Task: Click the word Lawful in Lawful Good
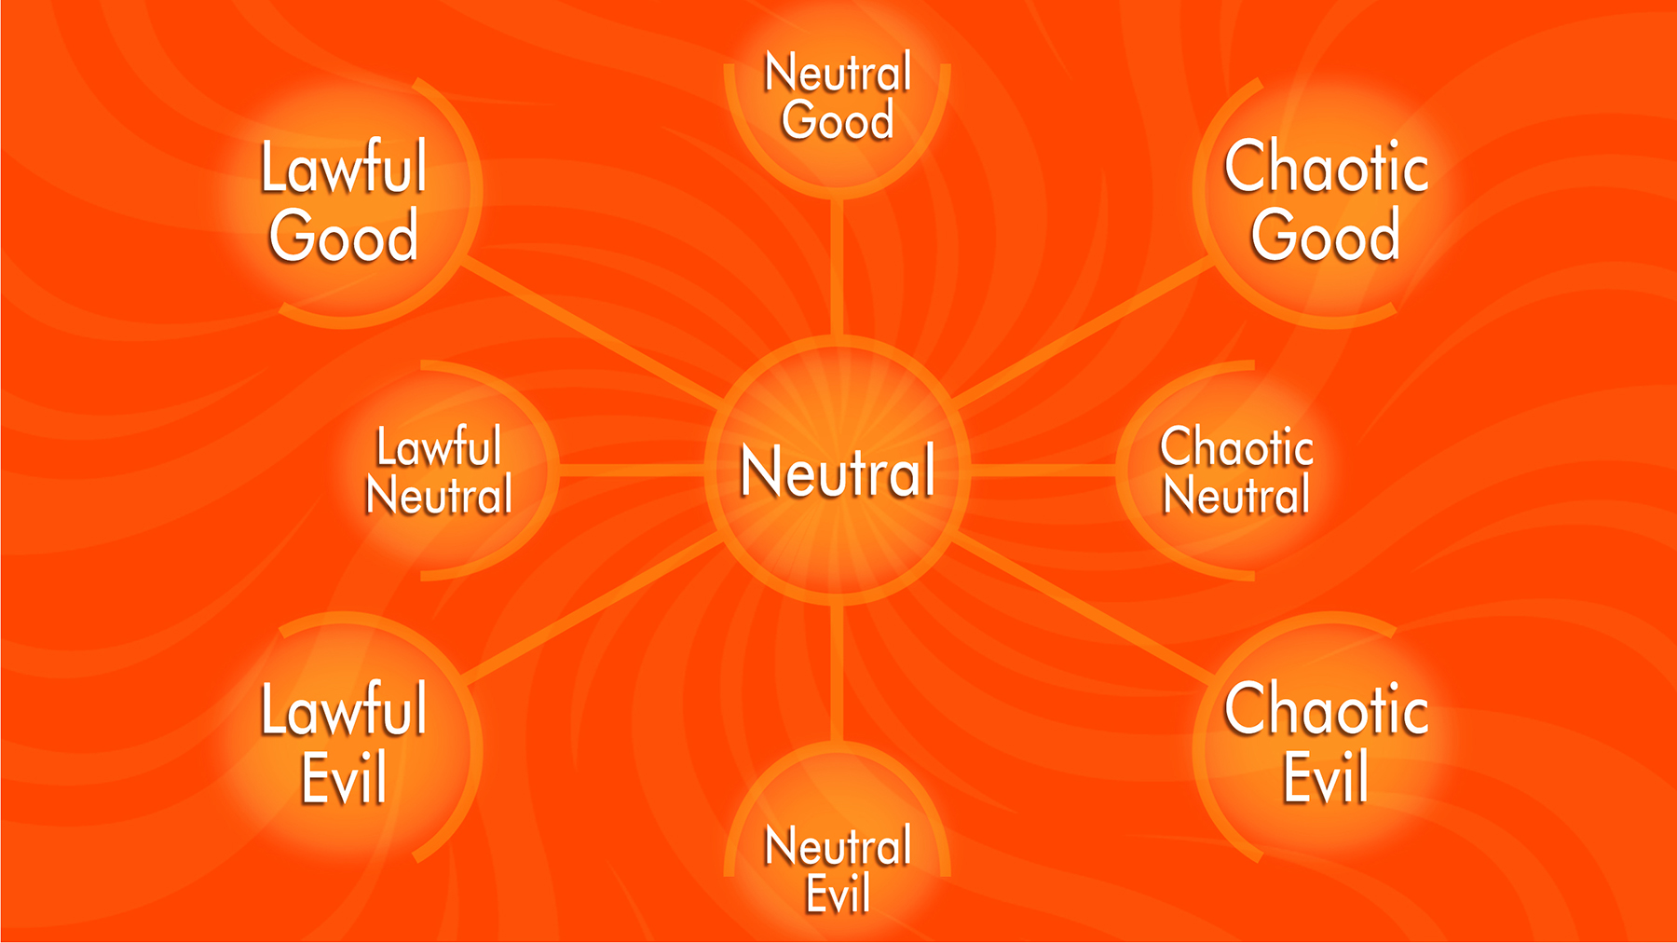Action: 344,169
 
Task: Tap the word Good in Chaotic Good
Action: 1325,237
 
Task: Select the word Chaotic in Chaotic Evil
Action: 1326,710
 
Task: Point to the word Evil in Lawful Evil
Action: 344,777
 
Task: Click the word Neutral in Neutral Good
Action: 838,74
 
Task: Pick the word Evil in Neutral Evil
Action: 838,894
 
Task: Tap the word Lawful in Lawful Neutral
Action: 439,447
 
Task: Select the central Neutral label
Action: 838,471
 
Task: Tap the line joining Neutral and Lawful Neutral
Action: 631,471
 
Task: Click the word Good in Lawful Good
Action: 344,237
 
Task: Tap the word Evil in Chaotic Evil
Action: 1326,777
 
